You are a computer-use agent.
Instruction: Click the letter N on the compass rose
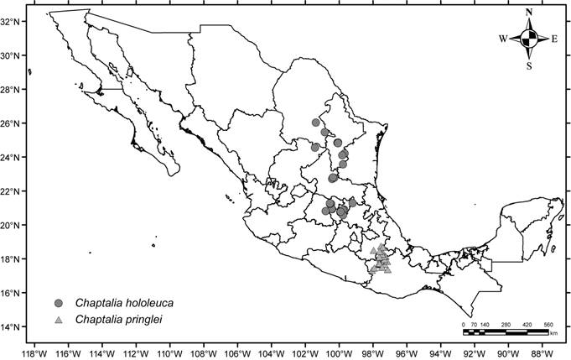(x=528, y=12)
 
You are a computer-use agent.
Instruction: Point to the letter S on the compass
(x=529, y=65)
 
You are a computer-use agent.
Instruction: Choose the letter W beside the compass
(x=503, y=39)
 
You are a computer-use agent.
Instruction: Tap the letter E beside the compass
(x=554, y=39)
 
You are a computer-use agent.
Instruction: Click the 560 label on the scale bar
(x=548, y=324)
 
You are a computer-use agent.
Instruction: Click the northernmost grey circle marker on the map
(x=316, y=123)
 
